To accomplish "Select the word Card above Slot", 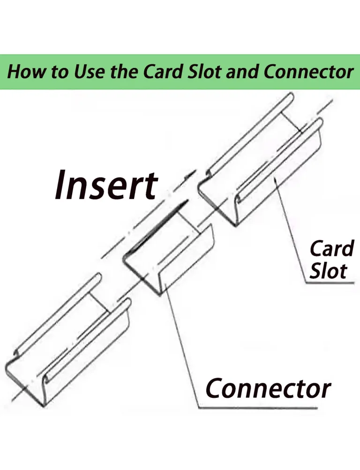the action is (331, 248).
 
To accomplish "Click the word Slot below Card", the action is (328, 271).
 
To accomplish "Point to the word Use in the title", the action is (90, 72).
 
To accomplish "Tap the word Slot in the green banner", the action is (205, 72).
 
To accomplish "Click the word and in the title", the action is (243, 72).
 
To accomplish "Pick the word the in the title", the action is (124, 72).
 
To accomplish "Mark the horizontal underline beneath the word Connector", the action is (258, 408).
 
